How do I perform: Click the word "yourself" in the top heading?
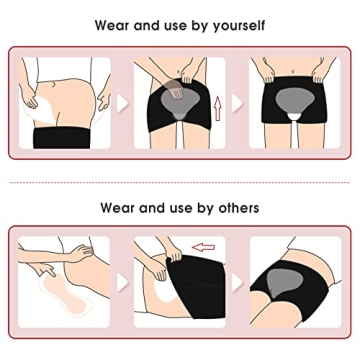click(x=239, y=26)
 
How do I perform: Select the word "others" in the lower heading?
click(x=239, y=208)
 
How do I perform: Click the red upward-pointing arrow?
click(x=218, y=108)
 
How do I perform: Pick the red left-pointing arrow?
click(x=203, y=247)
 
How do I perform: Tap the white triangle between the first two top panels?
click(x=122, y=103)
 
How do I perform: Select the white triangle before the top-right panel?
click(x=237, y=103)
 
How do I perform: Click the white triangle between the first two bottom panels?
click(x=122, y=283)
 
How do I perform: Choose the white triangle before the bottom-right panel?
click(x=237, y=283)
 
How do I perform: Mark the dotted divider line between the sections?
click(x=180, y=182)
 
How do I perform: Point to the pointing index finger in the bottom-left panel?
click(x=50, y=272)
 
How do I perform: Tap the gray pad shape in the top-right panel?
click(x=295, y=101)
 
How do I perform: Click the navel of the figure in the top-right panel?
click(x=293, y=72)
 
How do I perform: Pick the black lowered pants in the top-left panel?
click(x=62, y=138)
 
